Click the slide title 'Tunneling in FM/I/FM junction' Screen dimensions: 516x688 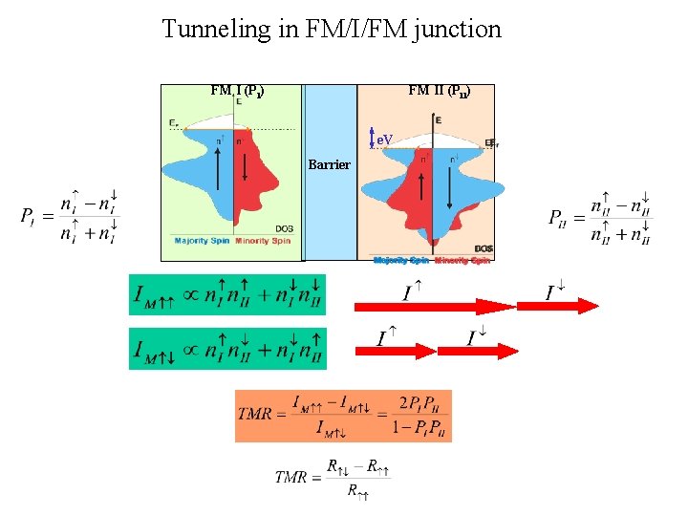(x=332, y=29)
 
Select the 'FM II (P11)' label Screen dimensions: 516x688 (x=438, y=92)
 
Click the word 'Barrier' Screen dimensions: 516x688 (x=330, y=165)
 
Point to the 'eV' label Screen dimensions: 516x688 (x=384, y=140)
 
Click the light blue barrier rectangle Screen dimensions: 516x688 (x=330, y=210)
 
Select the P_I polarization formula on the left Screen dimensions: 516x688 (x=72, y=218)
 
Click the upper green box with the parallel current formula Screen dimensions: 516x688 (x=227, y=294)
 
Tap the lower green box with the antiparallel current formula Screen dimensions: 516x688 (x=227, y=348)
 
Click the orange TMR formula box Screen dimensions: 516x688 (x=343, y=415)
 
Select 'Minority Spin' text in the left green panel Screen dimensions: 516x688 (x=263, y=241)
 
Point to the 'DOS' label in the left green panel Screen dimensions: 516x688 (x=284, y=228)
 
